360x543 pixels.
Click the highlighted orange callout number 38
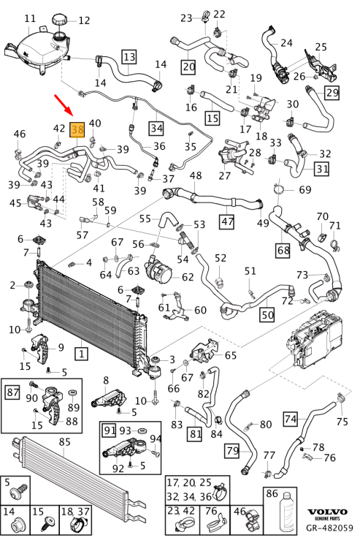tap(77, 129)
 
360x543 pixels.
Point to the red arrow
tap(64, 104)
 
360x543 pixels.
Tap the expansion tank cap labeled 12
tap(61, 19)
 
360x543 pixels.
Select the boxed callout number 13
tap(129, 57)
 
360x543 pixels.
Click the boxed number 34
tap(156, 128)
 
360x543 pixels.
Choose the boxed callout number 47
tap(227, 221)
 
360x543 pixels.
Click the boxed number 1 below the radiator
tap(82, 354)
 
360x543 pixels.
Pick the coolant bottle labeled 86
tap(286, 511)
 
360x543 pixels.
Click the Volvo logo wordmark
tap(327, 512)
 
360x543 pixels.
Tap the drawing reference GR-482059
tap(329, 528)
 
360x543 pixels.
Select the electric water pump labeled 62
tap(159, 271)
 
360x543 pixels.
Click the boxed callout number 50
tap(267, 314)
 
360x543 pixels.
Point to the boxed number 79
tap(232, 450)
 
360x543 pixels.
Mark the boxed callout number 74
tap(291, 419)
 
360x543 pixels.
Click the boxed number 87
tap(13, 392)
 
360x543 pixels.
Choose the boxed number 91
tap(110, 430)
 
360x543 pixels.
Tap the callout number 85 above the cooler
tap(64, 441)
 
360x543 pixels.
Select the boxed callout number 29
tap(332, 92)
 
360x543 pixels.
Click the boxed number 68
tap(283, 250)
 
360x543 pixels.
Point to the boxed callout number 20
tap(188, 67)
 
